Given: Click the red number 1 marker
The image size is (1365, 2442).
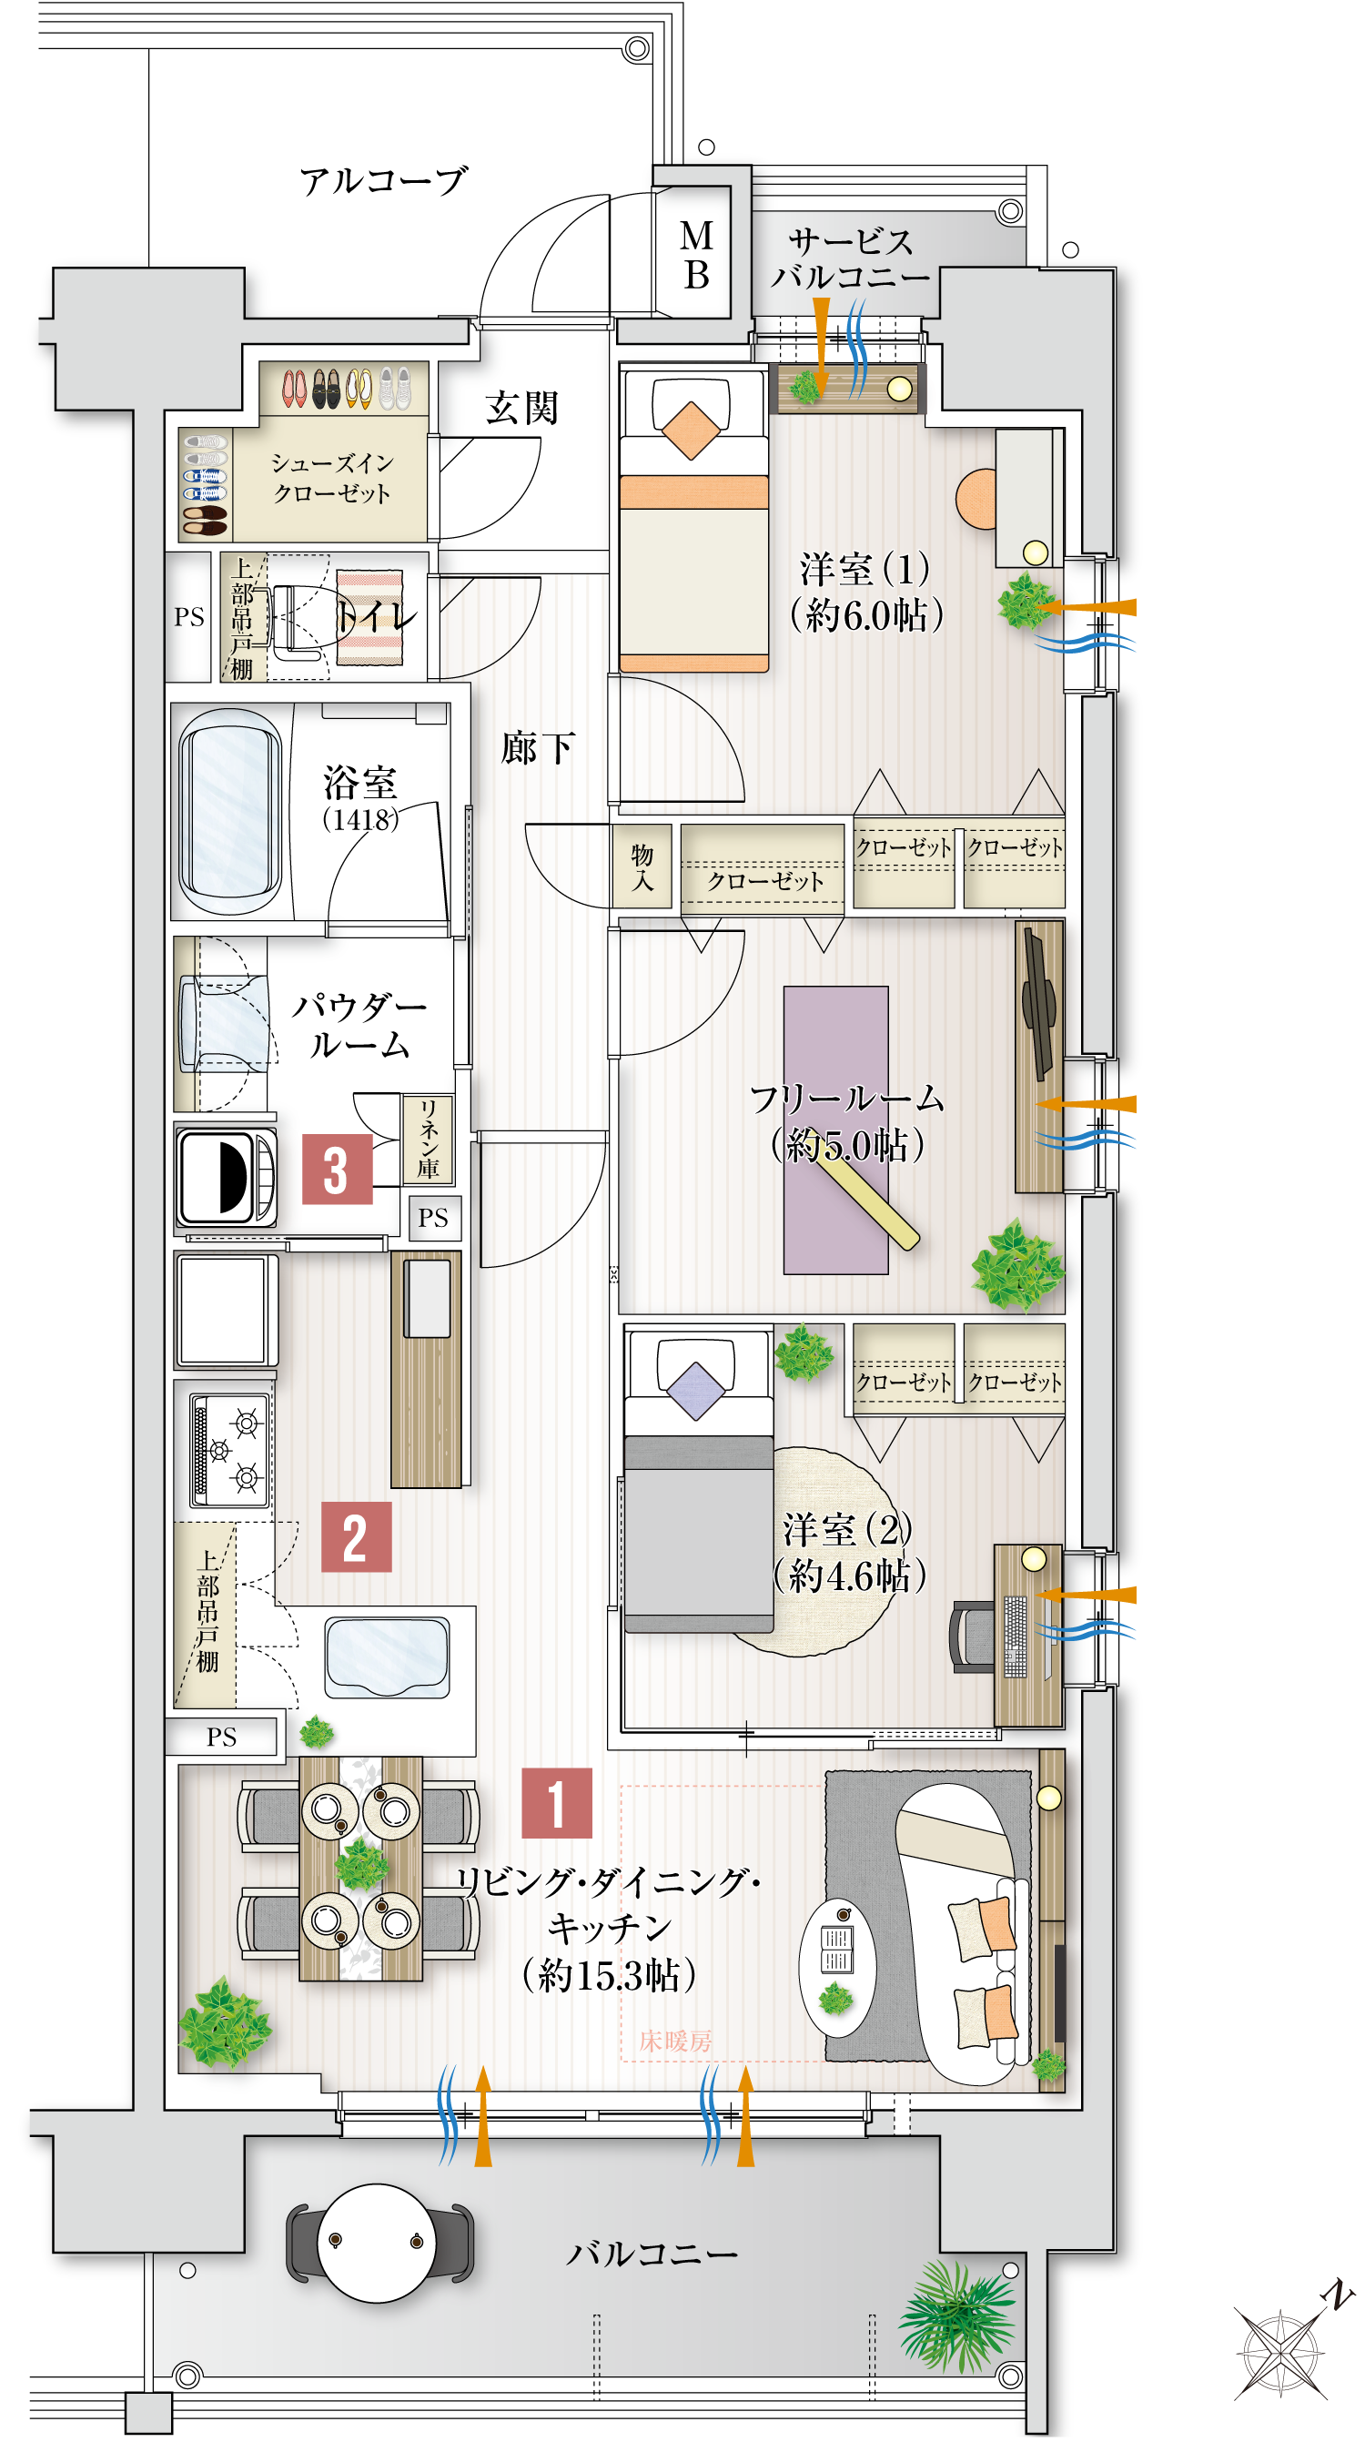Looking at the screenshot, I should pyautogui.click(x=556, y=1803).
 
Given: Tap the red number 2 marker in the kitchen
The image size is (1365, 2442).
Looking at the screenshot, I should pyautogui.click(x=356, y=1536).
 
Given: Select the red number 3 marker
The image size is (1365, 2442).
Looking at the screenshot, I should pyautogui.click(x=337, y=1169).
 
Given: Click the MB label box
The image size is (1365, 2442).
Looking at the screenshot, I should pyautogui.click(x=696, y=255).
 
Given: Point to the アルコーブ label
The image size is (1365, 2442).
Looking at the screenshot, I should pyautogui.click(x=383, y=180).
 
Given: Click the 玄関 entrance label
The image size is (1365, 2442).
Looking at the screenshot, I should pyautogui.click(x=521, y=408).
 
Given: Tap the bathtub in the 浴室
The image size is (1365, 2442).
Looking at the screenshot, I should pyautogui.click(x=230, y=811).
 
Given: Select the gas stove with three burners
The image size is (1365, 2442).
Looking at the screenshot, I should pyautogui.click(x=230, y=1451).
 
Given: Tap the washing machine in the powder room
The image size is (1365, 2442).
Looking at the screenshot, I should pyautogui.click(x=227, y=1177).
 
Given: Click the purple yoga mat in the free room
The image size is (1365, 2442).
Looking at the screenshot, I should pyautogui.click(x=835, y=1128).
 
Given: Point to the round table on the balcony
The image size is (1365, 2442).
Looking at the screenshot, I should pyautogui.click(x=377, y=2242).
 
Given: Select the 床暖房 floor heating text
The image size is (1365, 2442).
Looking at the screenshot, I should pyautogui.click(x=675, y=2040).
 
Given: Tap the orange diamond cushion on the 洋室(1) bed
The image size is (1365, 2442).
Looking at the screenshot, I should pyautogui.click(x=692, y=430).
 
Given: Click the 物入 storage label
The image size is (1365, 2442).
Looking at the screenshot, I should pyautogui.click(x=642, y=866).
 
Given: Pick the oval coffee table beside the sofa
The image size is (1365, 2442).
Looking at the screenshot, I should pyautogui.click(x=836, y=1967).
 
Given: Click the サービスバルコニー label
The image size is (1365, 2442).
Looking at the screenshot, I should pyautogui.click(x=850, y=258).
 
